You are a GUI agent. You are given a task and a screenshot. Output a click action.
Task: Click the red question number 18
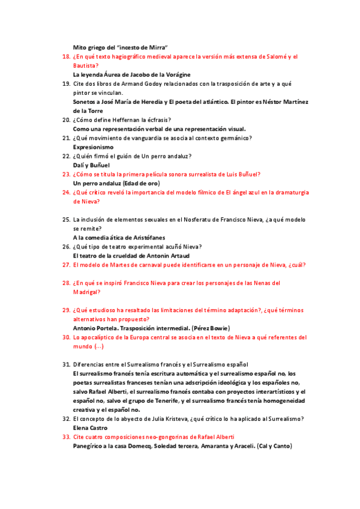[x=67, y=57]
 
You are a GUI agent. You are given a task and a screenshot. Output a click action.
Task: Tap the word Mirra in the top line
[x=156, y=47]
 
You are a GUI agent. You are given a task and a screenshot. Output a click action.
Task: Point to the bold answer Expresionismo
[x=93, y=147]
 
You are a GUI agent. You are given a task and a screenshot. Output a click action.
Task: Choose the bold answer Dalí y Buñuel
[x=91, y=165]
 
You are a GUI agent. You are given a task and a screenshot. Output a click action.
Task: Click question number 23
[x=67, y=174]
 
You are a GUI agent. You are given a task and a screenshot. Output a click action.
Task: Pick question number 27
[x=67, y=265]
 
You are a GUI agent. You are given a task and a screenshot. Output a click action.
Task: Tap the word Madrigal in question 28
[x=86, y=292]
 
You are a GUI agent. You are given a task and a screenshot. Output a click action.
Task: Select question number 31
[x=67, y=364]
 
